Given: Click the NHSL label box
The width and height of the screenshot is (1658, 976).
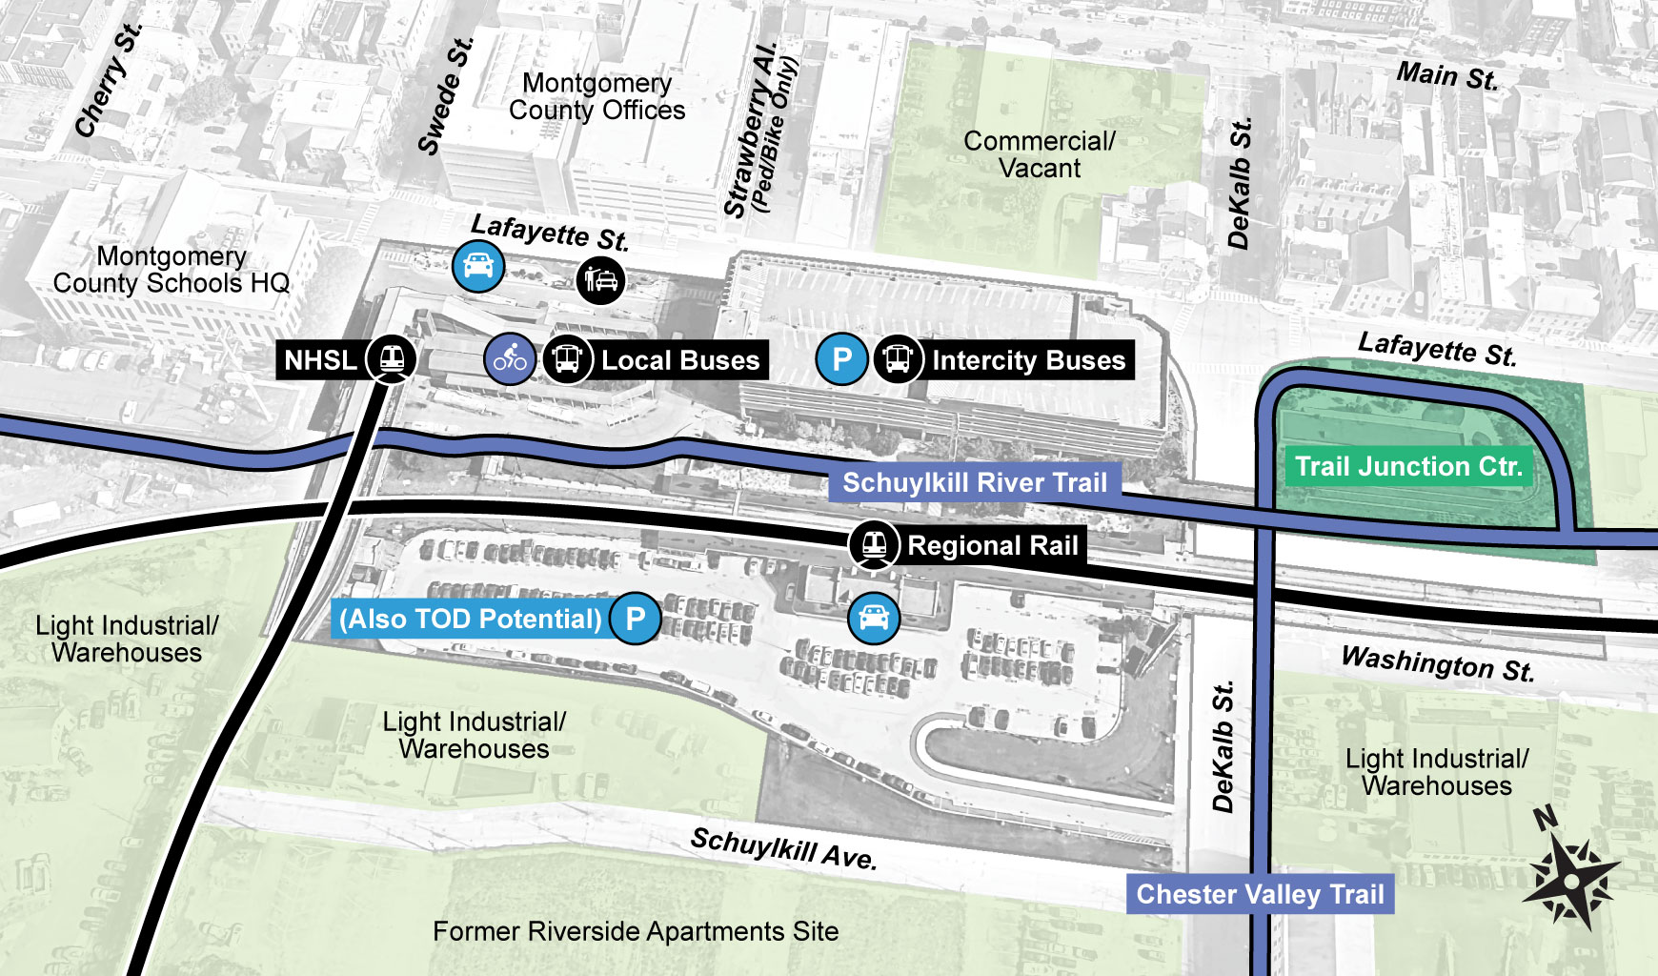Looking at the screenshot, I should point(320,360).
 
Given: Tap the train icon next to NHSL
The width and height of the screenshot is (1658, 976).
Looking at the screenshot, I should point(392,359).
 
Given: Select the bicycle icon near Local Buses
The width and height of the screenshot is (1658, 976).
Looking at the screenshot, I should point(510,359).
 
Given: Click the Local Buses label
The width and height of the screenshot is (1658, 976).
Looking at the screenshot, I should point(680,360).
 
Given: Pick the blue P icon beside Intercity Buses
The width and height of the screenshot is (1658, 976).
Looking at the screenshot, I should point(841,359).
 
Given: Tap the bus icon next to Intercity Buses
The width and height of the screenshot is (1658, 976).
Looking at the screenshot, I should point(898,359).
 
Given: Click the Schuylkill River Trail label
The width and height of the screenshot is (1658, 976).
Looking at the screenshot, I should point(974,482).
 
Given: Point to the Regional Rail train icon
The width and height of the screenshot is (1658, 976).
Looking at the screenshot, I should point(874,545).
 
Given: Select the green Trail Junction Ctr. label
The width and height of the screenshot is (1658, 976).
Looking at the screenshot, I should point(1407,466).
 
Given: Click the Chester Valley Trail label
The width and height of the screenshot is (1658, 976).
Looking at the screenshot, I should point(1260,894).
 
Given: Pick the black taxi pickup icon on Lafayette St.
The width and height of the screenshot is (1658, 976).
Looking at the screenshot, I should point(600,280).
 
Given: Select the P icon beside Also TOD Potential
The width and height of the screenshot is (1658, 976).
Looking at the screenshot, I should point(635,619).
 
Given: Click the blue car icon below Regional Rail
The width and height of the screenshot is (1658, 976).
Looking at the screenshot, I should point(873,618).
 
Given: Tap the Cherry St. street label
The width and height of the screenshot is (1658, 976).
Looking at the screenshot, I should point(108,81).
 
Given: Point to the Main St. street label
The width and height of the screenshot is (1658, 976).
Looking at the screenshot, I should point(1446,75).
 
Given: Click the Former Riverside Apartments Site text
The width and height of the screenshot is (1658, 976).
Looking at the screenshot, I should point(636,931).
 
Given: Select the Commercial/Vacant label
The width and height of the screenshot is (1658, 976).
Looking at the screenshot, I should point(1039,154).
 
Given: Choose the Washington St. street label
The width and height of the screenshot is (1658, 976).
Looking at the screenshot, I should point(1437,663).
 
